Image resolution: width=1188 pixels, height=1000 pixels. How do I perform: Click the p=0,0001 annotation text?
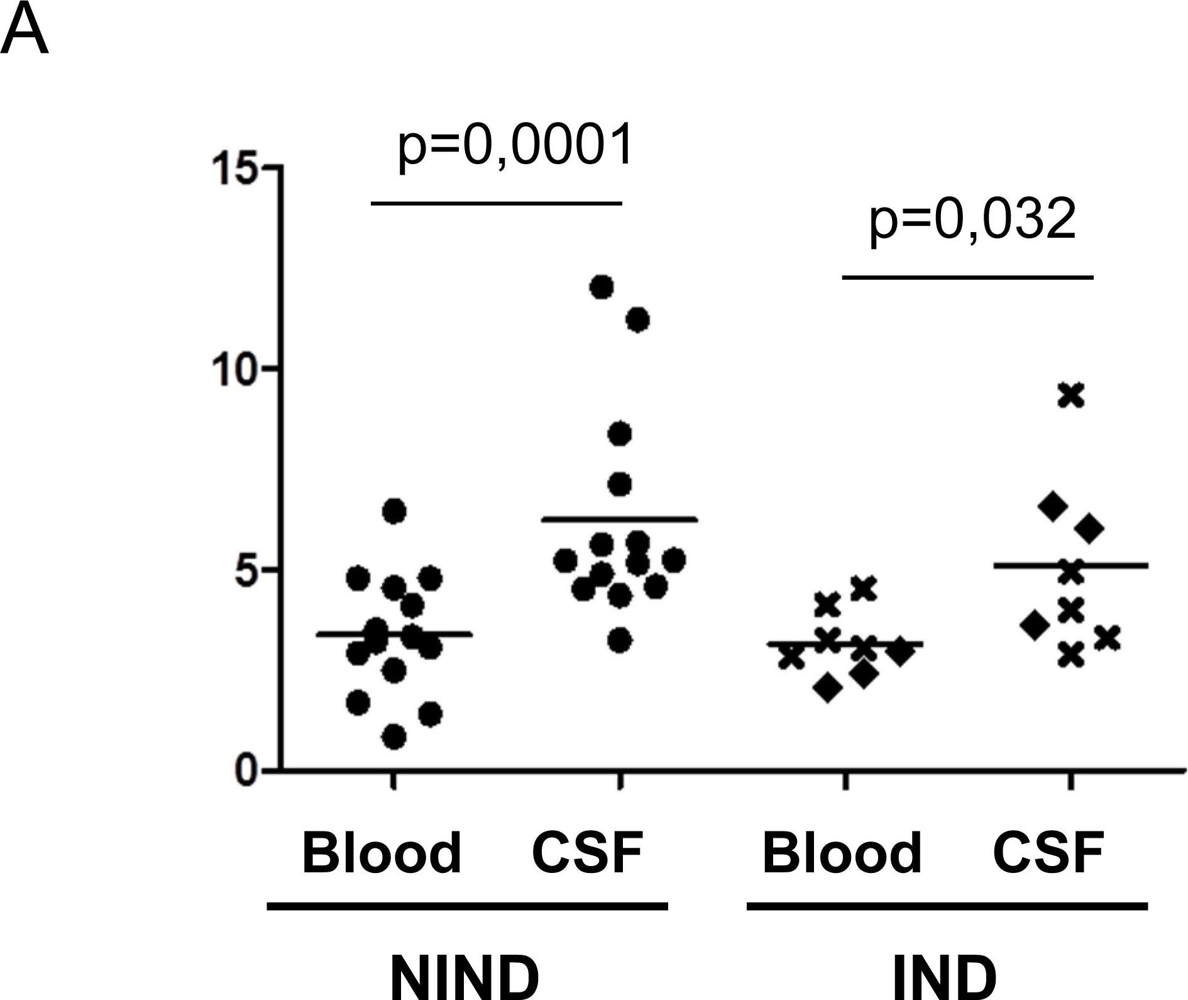(514, 146)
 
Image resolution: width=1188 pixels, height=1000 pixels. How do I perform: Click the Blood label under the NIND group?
(382, 853)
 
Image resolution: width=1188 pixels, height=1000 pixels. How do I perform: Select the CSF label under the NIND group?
(587, 853)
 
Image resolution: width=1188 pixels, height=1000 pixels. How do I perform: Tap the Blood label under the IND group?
(842, 853)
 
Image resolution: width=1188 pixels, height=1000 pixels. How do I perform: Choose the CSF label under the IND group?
(1048, 853)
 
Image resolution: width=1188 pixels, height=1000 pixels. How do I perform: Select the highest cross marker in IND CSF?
(1071, 395)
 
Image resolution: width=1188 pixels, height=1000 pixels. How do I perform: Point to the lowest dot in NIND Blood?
(394, 737)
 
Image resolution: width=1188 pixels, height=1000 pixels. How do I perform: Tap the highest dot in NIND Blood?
(395, 511)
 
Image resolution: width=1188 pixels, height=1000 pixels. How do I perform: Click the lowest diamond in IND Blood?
(828, 689)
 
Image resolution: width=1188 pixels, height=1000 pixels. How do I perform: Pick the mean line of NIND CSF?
(620, 519)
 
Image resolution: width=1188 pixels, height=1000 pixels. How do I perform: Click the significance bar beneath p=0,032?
(967, 277)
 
